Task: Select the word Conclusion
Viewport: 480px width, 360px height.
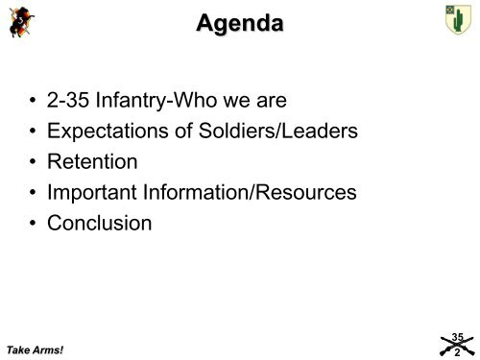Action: tap(106, 224)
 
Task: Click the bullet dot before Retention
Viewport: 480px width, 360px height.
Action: tap(37, 161)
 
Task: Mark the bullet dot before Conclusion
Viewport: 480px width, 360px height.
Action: tap(37, 225)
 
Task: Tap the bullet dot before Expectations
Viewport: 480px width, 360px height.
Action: tap(37, 130)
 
